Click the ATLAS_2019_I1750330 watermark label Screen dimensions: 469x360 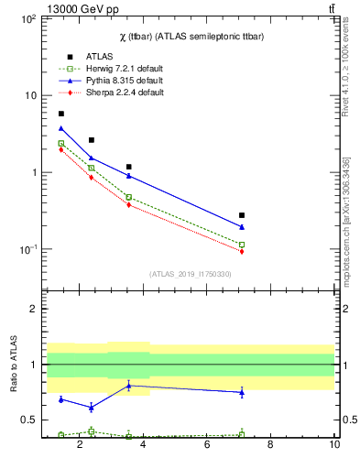[x=190, y=274]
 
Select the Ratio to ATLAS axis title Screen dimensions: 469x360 [x=12, y=364]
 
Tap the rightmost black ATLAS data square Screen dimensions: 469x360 [x=242, y=215]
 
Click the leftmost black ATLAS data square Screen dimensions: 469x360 [x=61, y=114]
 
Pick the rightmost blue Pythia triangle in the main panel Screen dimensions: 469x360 [x=242, y=227]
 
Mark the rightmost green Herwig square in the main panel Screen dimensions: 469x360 [x=242, y=245]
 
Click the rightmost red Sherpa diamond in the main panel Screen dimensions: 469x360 [x=242, y=251]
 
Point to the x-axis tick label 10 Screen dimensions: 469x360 [x=334, y=446]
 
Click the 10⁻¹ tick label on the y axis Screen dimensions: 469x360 [x=27, y=250]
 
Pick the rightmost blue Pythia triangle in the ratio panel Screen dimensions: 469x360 [x=242, y=392]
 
